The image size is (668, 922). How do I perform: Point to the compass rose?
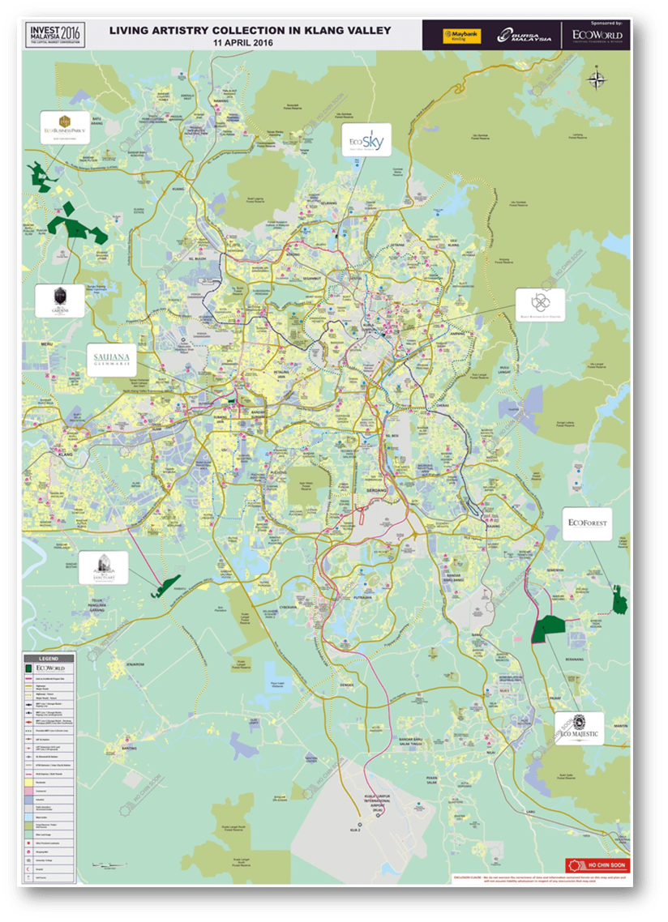click(x=597, y=79)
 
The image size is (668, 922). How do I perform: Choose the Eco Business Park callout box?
click(x=65, y=127)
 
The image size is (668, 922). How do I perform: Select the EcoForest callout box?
click(x=588, y=524)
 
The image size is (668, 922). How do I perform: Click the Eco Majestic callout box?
click(x=579, y=728)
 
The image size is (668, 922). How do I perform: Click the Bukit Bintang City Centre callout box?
click(x=540, y=304)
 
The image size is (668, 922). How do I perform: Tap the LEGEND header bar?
click(x=49, y=657)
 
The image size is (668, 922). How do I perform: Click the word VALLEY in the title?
click(x=365, y=30)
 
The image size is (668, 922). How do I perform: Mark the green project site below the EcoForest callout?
click(x=620, y=600)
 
